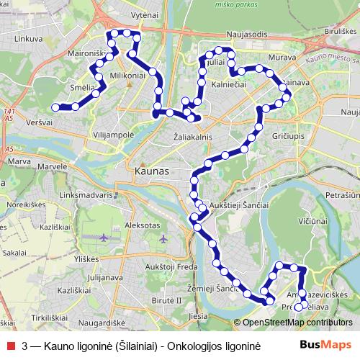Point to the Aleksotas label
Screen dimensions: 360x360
tap(141, 225)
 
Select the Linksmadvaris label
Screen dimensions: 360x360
tap(88, 194)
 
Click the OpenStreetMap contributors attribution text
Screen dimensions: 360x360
tap(297, 323)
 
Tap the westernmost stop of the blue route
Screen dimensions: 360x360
tap(55, 107)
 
